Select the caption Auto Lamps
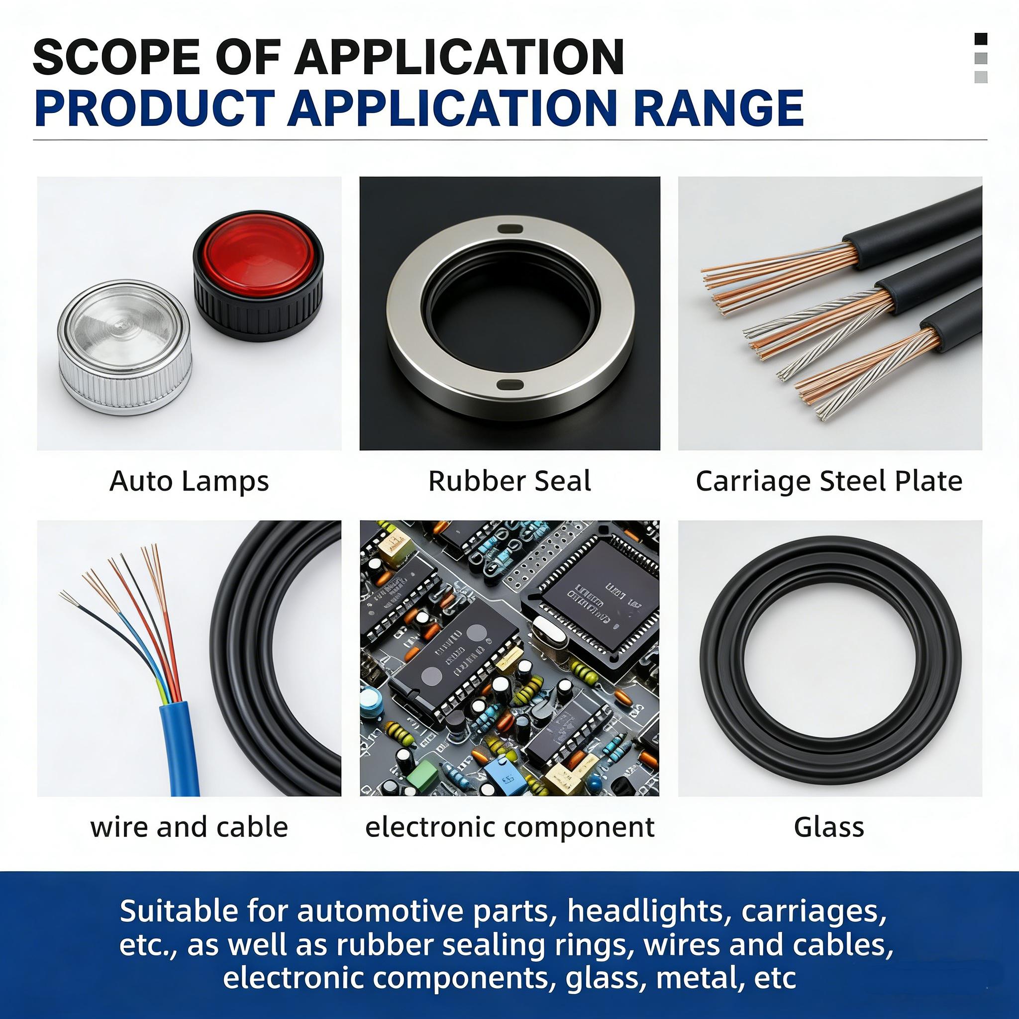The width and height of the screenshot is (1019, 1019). (189, 481)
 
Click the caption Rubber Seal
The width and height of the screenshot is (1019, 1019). (509, 481)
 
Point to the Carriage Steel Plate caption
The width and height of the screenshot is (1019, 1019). (829, 481)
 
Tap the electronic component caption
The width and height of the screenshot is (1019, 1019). (509, 826)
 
